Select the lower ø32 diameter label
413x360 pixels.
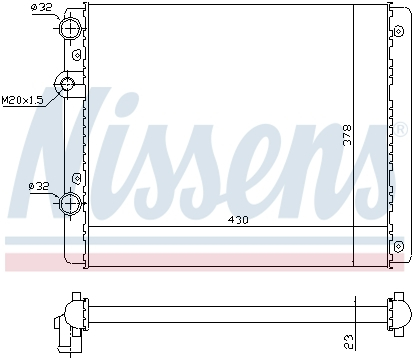click(40, 185)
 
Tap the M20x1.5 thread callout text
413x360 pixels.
click(22, 100)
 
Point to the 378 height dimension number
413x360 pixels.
click(347, 135)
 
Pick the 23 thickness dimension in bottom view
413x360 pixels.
click(346, 341)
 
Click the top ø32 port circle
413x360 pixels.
click(72, 29)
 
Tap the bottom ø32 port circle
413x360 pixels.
click(72, 204)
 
